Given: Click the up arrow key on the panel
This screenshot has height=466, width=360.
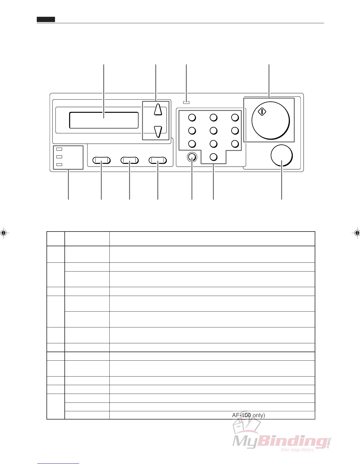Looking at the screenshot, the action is click(158, 109).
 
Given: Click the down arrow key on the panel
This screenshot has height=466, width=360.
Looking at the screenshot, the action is click(158, 131).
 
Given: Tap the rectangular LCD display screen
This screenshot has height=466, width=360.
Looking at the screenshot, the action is click(104, 120).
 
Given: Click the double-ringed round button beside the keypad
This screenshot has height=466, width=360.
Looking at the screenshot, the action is click(192, 158).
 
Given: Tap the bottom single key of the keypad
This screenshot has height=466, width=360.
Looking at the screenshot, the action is click(214, 157).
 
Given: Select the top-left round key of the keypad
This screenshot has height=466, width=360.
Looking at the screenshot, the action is click(192, 118).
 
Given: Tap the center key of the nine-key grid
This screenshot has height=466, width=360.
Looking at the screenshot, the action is click(214, 131).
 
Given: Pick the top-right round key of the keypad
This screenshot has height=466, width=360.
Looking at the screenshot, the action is click(235, 118).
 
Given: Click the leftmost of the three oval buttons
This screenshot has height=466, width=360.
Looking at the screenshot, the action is click(101, 160).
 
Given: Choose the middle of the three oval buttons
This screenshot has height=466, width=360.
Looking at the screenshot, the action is click(130, 160).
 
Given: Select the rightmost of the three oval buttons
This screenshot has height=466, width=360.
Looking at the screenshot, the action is click(158, 160).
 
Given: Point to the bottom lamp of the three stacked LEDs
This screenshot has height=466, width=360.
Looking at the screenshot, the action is click(59, 164).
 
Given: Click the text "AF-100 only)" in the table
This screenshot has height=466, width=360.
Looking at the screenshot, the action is click(249, 415).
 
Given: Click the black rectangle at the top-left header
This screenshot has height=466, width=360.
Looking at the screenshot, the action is click(46, 20).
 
